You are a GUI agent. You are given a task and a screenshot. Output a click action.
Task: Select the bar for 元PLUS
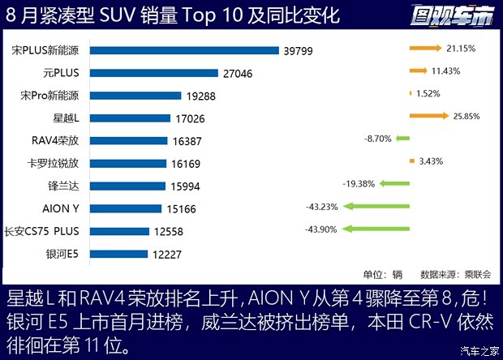coord(154,72)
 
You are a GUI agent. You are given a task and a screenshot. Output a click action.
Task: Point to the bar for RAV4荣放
coord(128,140)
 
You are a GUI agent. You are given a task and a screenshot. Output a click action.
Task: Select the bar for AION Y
coord(127,208)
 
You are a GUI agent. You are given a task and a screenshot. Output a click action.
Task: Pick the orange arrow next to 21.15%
coord(426,49)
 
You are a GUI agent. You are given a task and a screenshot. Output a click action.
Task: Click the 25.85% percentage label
coord(468,117)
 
